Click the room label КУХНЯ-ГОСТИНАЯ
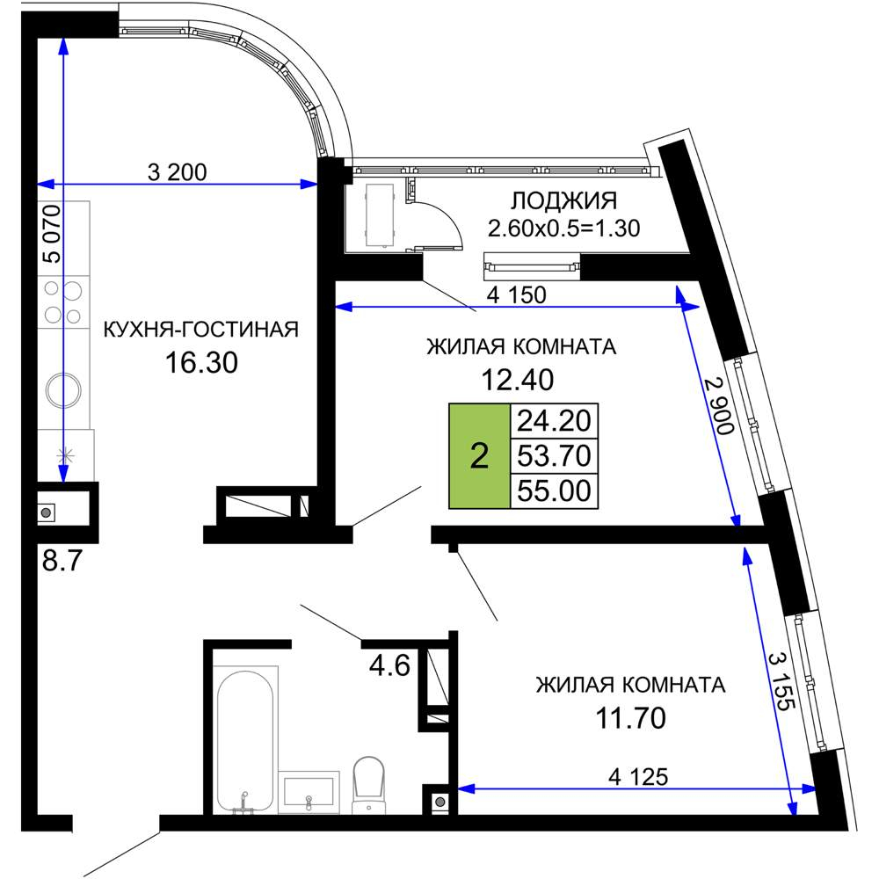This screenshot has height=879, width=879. (201, 330)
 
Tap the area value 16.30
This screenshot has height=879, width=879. (201, 361)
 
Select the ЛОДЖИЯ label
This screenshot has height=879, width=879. (564, 200)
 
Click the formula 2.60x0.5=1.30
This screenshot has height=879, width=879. (563, 229)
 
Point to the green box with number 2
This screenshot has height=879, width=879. (480, 456)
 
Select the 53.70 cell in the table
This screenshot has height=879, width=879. (554, 455)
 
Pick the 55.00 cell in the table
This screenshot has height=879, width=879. (554, 490)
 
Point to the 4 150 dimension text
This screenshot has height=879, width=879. (518, 295)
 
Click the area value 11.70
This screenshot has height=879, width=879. (630, 718)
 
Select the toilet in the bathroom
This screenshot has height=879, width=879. (370, 783)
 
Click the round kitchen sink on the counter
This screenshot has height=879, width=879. (64, 388)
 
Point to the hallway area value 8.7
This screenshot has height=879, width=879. (62, 561)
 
